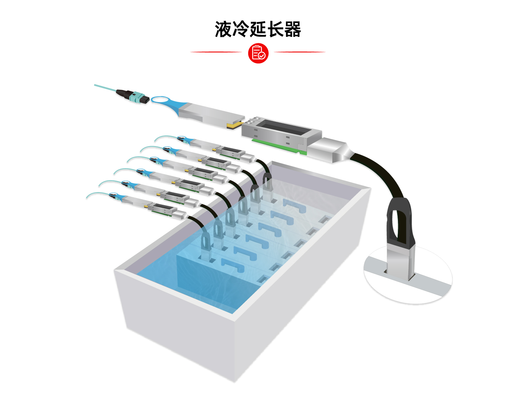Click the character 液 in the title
(223, 29)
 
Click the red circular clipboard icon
(258, 53)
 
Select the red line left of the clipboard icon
(216, 52)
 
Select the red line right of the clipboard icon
(300, 52)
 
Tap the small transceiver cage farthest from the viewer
(230, 152)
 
